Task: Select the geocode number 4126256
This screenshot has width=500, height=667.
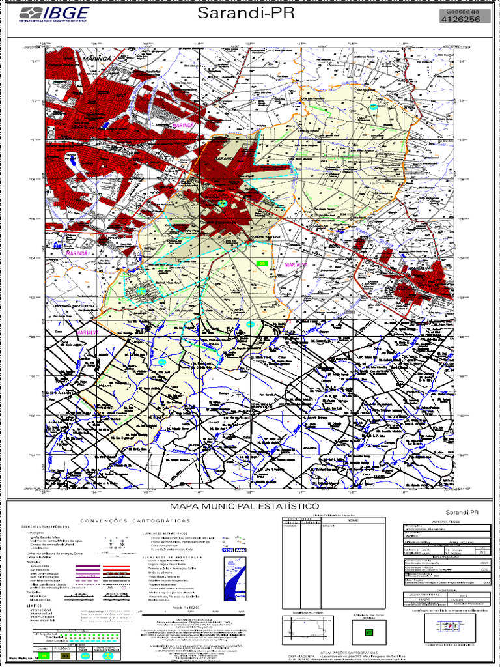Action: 461,20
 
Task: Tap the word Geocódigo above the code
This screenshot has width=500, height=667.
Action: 461,12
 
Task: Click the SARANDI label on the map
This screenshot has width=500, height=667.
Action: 225,158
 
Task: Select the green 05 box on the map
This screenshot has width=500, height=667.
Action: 262,263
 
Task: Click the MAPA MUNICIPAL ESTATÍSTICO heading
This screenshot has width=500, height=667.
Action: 243,506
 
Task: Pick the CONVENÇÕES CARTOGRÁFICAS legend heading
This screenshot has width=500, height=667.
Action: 135,521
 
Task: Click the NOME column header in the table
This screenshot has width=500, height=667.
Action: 352,520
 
